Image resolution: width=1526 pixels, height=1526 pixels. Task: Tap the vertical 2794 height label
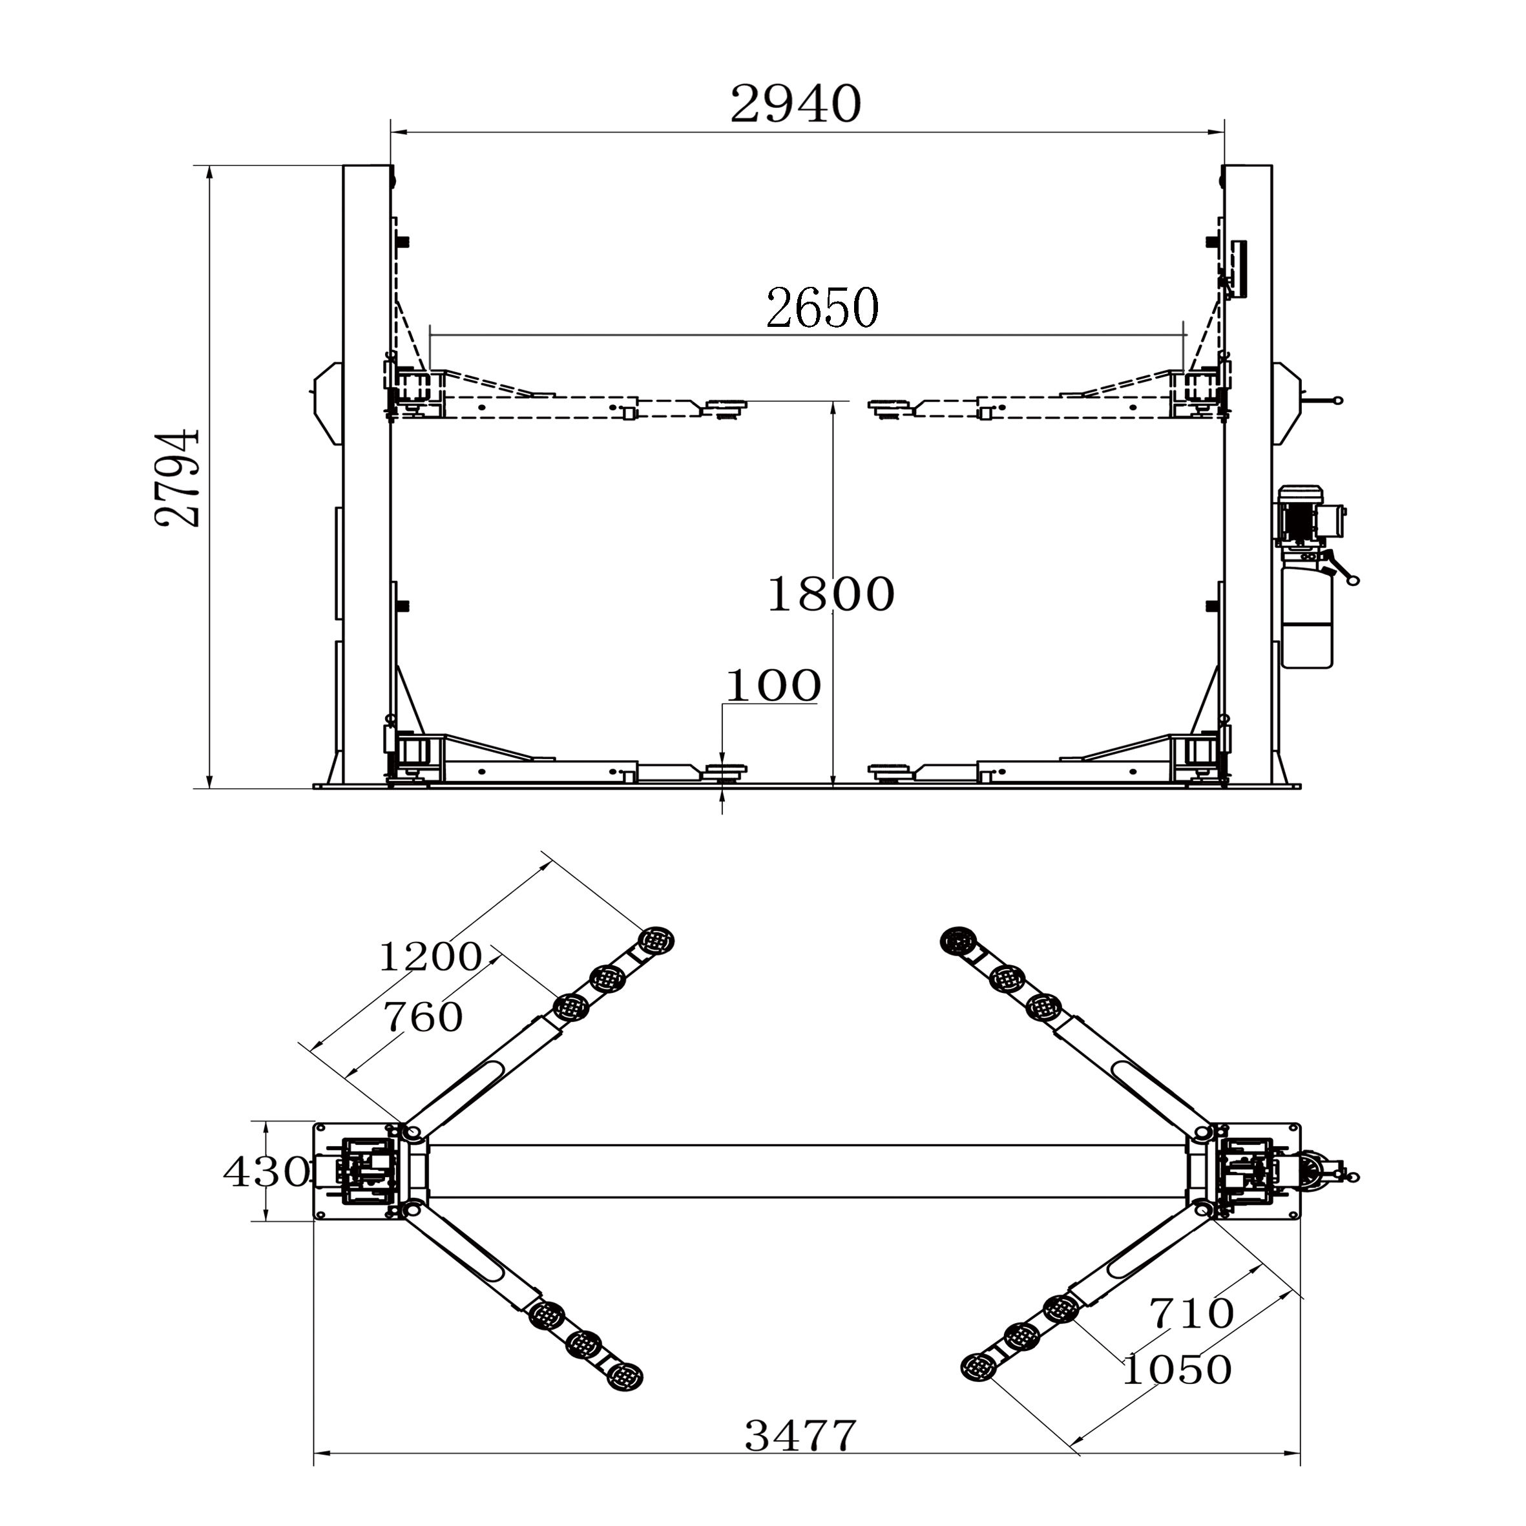(178, 478)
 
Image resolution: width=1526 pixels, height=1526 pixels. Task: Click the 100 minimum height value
(773, 685)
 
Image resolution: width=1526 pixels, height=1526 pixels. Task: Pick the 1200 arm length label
(430, 957)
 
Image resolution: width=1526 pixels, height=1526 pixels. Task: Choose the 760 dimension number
(423, 1018)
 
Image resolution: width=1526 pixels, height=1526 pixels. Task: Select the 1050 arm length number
(1176, 1370)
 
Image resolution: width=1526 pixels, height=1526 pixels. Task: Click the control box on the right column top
(1238, 269)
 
